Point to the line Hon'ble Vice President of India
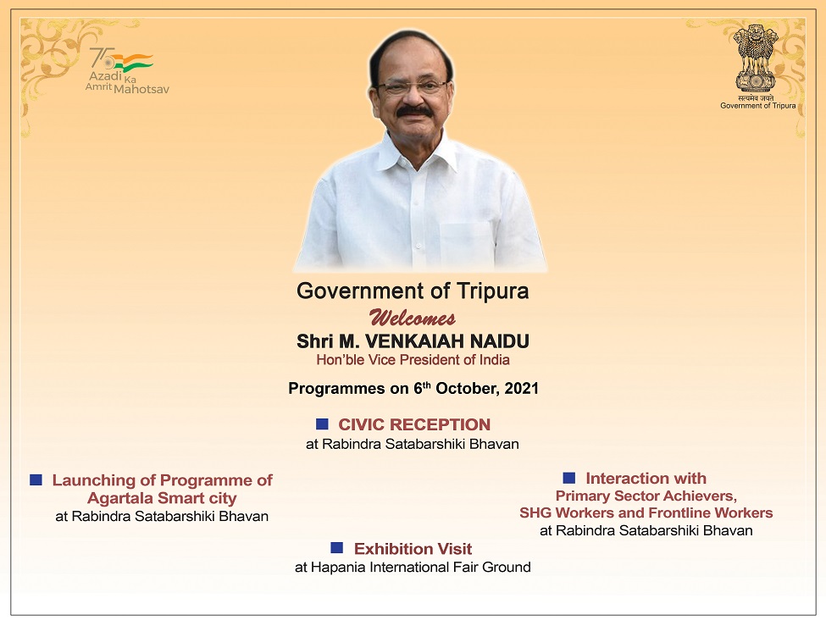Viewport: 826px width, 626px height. coord(413,360)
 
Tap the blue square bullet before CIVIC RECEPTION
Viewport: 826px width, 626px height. coord(322,424)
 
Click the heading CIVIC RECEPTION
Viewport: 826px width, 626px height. coord(414,424)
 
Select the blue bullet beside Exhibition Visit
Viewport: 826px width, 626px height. coord(337,548)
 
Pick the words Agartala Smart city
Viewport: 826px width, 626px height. coord(162,498)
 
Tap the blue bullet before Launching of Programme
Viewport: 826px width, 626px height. coord(36,479)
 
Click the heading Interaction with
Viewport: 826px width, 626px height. coord(646,479)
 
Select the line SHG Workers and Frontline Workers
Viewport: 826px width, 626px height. coord(646,512)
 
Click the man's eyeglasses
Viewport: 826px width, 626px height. coord(413,86)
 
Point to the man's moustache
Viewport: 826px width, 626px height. coord(414,110)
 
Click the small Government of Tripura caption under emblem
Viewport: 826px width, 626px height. coord(757,106)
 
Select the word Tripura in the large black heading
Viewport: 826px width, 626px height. coord(493,291)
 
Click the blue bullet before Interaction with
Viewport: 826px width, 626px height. coord(569,478)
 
